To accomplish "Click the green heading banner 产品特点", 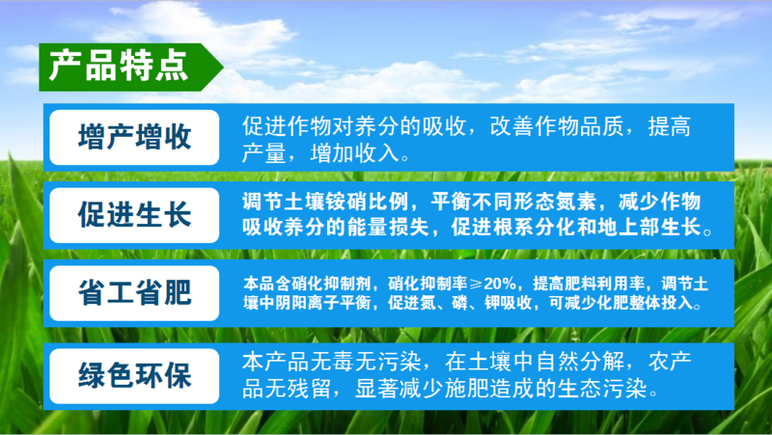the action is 130,67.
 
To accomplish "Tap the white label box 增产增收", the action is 134,137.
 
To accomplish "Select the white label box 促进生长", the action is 134,215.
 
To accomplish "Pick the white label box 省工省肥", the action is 134,293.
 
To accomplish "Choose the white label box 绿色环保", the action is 134,376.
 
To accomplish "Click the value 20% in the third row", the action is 500,284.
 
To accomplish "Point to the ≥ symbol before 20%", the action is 476,284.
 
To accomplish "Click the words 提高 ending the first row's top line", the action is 670,126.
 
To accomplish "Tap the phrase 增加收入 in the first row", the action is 354,153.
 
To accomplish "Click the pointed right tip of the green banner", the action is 224,67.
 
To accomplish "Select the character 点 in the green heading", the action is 172,66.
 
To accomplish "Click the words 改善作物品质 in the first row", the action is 558,126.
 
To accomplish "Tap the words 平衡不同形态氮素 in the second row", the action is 513,202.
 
